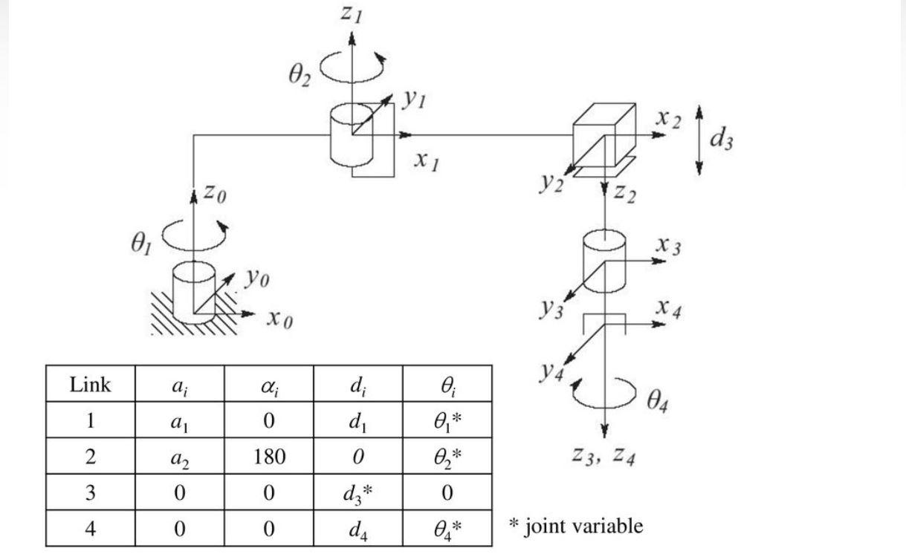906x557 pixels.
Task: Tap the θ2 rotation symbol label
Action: coord(300,74)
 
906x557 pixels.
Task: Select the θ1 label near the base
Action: coord(140,244)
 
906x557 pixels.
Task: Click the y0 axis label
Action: coord(258,278)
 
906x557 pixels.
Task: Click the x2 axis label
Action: coord(668,119)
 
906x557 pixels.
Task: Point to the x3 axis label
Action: coord(668,245)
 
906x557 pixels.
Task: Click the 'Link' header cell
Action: coord(90,384)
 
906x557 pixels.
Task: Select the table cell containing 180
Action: coord(268,456)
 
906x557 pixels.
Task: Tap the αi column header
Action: coord(268,385)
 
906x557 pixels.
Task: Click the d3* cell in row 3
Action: coord(358,493)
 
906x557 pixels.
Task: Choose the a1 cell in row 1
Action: coord(180,421)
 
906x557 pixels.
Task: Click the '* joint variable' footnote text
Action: coord(575,527)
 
